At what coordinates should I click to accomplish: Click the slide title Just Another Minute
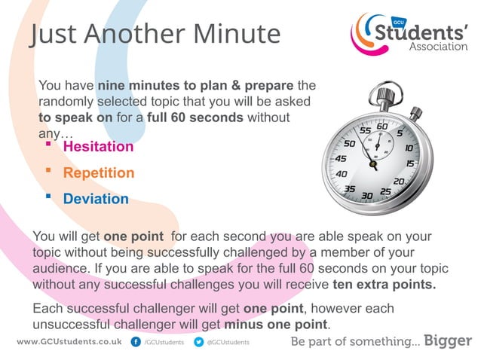click(x=155, y=34)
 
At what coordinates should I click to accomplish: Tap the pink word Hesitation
click(x=98, y=146)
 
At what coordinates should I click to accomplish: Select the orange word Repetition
click(x=99, y=172)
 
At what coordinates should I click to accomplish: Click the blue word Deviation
click(x=96, y=199)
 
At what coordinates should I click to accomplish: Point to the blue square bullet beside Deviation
click(x=48, y=197)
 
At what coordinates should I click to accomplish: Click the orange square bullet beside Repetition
click(x=48, y=171)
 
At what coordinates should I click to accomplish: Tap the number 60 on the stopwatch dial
click(x=382, y=127)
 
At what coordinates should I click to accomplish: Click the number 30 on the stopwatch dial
click(x=367, y=196)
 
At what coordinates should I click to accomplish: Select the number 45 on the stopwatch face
click(x=340, y=159)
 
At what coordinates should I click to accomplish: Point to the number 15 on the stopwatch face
click(x=411, y=163)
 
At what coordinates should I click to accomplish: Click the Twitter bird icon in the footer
click(x=199, y=341)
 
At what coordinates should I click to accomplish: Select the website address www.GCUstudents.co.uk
click(x=69, y=341)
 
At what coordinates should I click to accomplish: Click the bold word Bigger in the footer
click(x=449, y=340)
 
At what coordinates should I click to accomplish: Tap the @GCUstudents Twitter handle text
click(x=228, y=342)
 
